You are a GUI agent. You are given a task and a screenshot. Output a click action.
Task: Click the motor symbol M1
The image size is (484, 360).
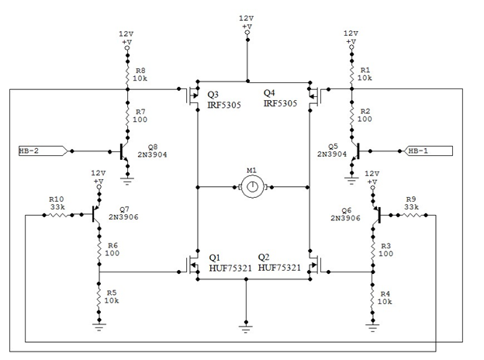253,187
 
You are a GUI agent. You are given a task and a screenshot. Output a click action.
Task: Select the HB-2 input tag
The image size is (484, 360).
43,151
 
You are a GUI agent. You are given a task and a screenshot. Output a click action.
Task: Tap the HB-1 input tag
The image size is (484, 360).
428,151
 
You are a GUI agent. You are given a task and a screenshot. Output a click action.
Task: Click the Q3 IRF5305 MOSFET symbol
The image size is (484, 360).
192,96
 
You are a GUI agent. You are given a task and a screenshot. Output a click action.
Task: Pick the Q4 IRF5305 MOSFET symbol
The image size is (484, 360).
315,96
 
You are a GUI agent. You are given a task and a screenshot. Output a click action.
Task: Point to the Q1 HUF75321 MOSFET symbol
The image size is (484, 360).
192,265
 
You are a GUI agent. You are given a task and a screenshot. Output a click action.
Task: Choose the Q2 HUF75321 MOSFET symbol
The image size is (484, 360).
315,265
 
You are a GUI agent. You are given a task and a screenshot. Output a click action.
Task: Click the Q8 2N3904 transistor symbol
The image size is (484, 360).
124,151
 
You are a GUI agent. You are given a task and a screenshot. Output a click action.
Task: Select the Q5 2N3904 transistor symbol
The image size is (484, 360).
355,151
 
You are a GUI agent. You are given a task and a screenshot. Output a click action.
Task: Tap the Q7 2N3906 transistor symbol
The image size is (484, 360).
96,214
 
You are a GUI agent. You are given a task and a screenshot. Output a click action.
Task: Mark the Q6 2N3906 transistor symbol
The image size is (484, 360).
376,215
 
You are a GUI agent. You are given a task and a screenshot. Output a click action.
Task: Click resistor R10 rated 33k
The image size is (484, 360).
58,215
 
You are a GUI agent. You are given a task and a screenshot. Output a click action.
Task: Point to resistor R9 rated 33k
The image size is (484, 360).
412,215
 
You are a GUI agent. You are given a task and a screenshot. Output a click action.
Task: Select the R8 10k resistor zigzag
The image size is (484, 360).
127,74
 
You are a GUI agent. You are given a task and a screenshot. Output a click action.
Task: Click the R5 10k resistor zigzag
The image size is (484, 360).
99,297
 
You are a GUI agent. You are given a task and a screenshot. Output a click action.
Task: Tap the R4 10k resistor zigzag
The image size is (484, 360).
372,298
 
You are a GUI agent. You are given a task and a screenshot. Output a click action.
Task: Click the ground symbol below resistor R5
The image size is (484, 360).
99,327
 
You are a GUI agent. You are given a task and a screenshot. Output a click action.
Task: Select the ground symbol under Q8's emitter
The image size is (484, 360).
127,180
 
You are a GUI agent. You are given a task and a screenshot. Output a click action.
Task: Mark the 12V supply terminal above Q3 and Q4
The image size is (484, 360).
247,32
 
